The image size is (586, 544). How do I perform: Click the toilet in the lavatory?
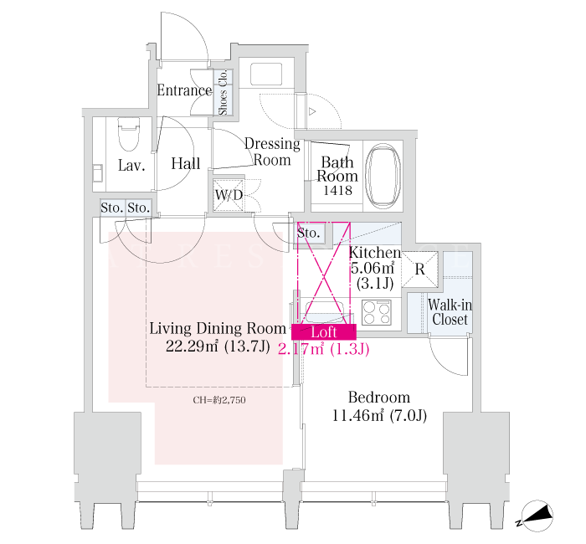pos(129,134)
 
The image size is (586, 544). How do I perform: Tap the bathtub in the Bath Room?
pos(383,176)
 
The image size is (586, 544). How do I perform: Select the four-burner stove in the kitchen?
pos(377,312)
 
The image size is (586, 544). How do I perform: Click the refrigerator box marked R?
pos(419,269)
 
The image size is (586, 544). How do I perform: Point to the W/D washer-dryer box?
pos(229,195)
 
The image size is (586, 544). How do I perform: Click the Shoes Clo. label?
pos(224,92)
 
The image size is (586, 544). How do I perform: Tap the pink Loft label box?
pos(324,332)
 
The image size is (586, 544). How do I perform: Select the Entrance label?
pos(184,90)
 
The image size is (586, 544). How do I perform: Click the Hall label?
pos(186,164)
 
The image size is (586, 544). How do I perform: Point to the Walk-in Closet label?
pos(450,312)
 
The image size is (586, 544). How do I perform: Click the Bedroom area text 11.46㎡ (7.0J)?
pos(379,415)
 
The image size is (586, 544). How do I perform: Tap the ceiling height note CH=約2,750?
pos(219,400)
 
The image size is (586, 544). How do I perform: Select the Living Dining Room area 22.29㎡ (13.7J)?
pos(218,346)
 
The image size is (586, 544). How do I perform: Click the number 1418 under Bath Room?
pos(337,191)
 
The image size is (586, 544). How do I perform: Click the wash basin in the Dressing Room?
pos(266,74)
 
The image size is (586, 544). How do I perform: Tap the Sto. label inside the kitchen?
pos(308,234)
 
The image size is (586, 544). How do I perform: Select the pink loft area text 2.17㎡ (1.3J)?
pos(324,349)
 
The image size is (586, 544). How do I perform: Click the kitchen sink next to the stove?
pos(325,312)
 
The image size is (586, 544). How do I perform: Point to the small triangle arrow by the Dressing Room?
pos(312,111)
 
